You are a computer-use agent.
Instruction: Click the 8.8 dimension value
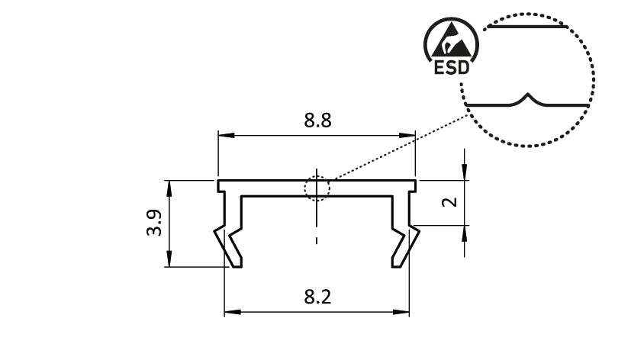[x=317, y=121]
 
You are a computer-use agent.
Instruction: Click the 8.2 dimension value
[x=317, y=297]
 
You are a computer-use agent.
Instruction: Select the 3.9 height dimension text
[x=153, y=223]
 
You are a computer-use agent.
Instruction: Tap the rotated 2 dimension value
[x=450, y=202]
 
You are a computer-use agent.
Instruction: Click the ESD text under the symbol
[x=451, y=68]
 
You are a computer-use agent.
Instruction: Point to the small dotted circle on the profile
[x=317, y=187]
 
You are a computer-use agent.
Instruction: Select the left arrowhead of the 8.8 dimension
[x=224, y=136]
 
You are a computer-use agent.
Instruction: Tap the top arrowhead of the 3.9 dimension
[x=168, y=185]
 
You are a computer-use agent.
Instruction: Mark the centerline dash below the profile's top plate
[x=317, y=242]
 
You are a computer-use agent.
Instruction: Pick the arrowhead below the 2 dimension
[x=464, y=232]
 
